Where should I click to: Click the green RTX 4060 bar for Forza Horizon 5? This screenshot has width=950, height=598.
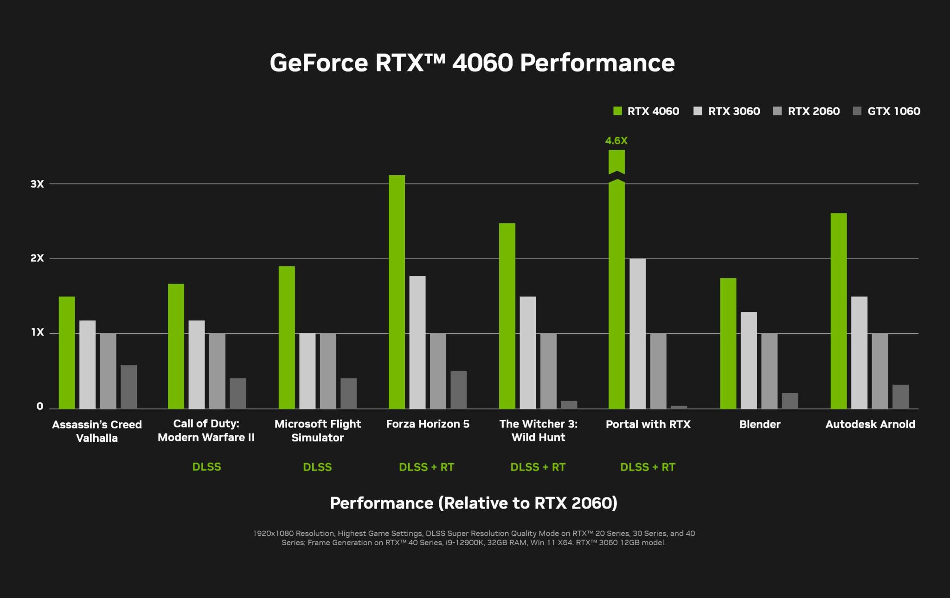point(397,292)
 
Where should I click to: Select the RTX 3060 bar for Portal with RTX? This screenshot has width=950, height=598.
point(637,334)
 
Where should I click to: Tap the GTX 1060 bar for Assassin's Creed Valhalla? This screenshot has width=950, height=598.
point(129,387)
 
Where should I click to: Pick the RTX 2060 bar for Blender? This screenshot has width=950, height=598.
point(769,371)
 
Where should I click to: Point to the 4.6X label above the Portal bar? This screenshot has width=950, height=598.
point(616,140)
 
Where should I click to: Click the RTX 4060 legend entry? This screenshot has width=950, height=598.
point(646,111)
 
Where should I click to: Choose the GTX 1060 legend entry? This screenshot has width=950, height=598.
point(886,111)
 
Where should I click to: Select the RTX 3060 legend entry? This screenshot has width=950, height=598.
point(727,111)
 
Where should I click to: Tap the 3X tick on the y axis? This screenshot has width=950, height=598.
point(37,184)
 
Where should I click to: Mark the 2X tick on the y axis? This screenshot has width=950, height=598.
point(37,258)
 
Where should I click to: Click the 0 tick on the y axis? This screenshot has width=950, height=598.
point(40,407)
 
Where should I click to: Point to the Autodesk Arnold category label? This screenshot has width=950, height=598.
point(870,424)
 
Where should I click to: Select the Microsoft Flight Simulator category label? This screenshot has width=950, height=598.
point(318,431)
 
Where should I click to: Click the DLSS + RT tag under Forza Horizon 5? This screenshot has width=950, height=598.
point(426,467)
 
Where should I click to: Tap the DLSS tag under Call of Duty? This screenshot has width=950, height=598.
point(206,467)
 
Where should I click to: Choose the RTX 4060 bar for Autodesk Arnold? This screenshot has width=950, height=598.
point(839,311)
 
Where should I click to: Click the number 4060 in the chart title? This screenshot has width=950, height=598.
point(482,63)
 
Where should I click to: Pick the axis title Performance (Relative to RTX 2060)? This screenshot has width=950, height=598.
point(474,503)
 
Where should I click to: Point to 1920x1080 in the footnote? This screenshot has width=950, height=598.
point(273,534)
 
